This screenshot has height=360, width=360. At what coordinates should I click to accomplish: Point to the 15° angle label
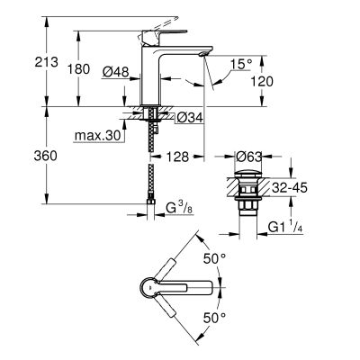point(238,66)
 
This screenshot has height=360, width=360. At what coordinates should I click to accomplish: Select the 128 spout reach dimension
point(180,156)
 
